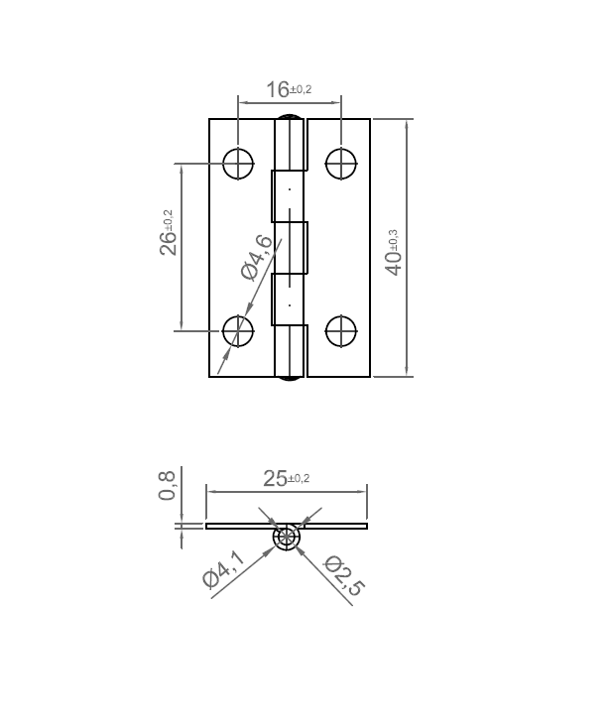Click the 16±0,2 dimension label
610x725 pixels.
pos(289,89)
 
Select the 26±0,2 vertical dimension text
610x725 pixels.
pos(169,233)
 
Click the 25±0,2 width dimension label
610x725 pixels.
pos(287,478)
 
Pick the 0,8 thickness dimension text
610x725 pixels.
pos(168,486)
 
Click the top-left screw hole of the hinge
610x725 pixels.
pos(238,164)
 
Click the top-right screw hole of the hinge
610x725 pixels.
pos(341,164)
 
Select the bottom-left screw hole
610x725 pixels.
pos(238,330)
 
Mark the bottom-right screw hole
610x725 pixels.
pos(341,330)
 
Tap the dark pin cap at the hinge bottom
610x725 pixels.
pos(290,380)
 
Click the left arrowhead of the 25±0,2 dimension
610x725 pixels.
pos(209,489)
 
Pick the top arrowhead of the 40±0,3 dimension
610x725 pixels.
pos(407,124)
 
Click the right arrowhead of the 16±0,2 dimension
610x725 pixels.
pos(336,99)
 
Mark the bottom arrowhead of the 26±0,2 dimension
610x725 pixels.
pos(181,324)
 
